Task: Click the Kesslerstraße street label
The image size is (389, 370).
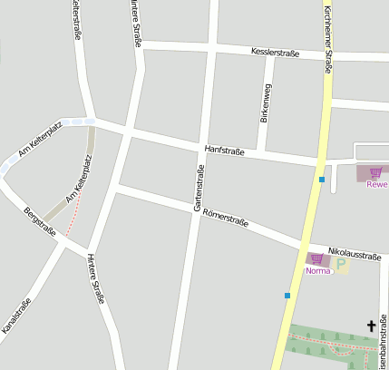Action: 275,53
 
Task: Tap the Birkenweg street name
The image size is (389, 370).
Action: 266,102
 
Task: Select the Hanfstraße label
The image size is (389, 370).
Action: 225,150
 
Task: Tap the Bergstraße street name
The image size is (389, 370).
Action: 40,222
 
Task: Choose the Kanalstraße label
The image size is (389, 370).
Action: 16,316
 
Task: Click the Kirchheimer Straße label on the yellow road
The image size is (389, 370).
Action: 327,36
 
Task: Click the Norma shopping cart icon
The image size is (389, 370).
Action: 316,258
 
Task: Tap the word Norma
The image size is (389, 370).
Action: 317,270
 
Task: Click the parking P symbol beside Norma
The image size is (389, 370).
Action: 341,266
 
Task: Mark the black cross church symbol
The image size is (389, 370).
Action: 371,325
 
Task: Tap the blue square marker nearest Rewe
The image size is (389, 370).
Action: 322,180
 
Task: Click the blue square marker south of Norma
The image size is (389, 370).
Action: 287,296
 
